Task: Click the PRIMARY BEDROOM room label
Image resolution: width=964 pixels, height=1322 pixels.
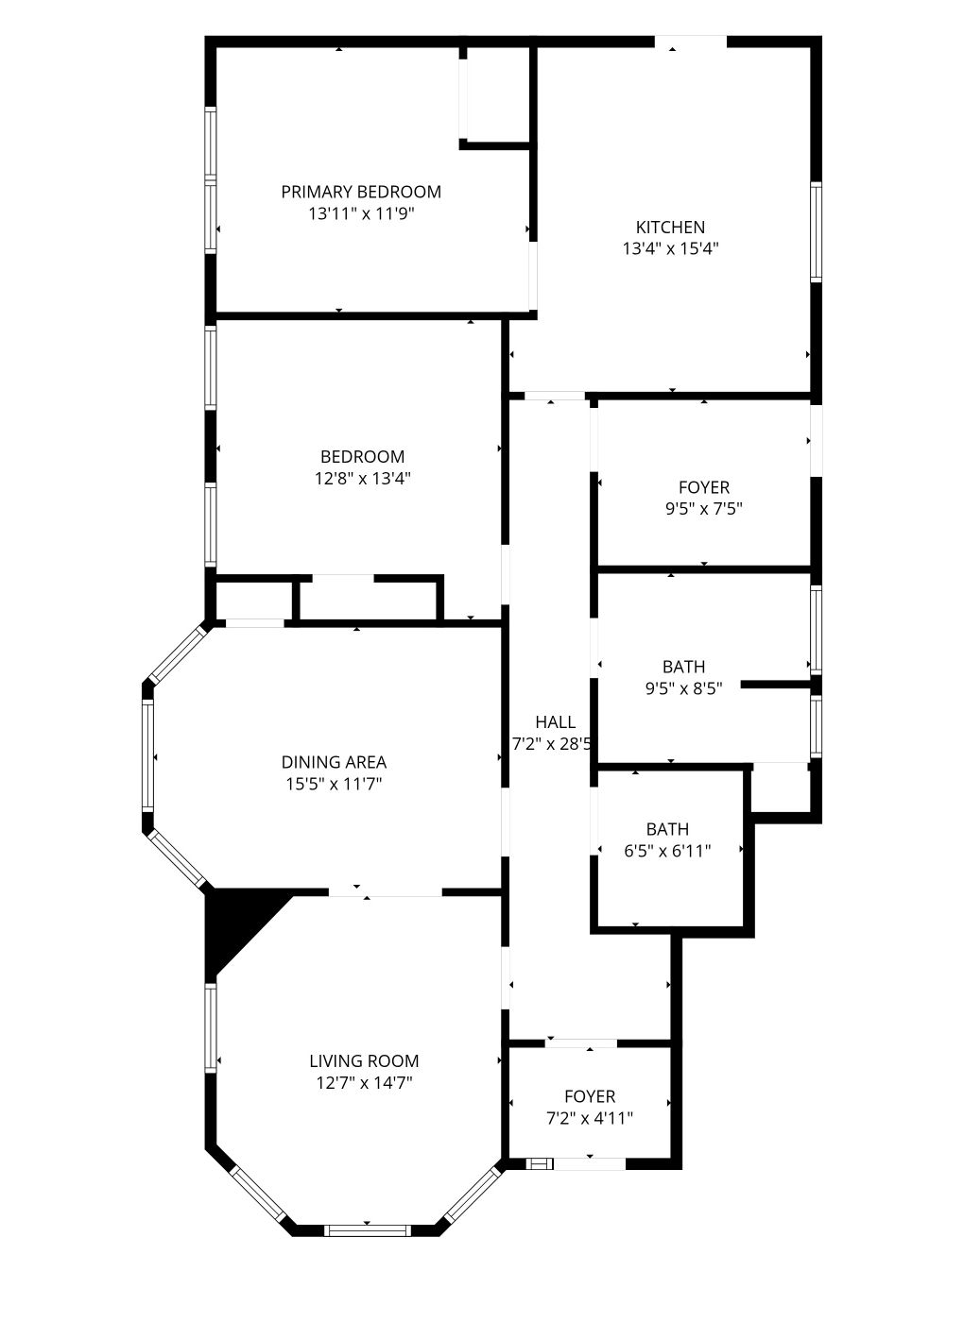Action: point(361,192)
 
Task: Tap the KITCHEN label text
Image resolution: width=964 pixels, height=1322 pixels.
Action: point(670,228)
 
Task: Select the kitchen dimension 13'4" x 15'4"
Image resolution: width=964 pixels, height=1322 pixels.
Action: point(670,248)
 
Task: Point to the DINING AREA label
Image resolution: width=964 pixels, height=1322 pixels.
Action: point(334,762)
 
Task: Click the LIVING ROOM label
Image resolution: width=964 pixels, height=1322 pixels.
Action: point(364,1061)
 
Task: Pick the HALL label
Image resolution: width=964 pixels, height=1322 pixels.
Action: point(556,721)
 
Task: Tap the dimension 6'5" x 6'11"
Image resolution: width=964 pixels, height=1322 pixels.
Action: point(667,851)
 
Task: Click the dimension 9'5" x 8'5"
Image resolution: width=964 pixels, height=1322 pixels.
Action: point(684,688)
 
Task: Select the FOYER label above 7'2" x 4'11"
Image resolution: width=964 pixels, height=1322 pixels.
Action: point(590,1096)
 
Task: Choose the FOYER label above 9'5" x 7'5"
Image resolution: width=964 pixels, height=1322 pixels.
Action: point(704,487)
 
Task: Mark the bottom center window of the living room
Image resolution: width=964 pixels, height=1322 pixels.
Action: point(367,1230)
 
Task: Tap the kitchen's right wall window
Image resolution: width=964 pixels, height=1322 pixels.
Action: point(816,231)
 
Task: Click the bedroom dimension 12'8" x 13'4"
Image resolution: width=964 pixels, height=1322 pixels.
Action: point(362,478)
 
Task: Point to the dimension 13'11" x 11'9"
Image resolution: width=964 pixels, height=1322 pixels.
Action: point(361,213)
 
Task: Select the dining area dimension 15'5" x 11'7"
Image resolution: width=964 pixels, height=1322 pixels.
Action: point(334,784)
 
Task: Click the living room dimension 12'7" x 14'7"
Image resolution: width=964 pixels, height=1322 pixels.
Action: point(364,1083)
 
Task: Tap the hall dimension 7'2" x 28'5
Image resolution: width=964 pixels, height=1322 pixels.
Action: point(552,744)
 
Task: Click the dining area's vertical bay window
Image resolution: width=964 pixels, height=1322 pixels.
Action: point(147,755)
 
